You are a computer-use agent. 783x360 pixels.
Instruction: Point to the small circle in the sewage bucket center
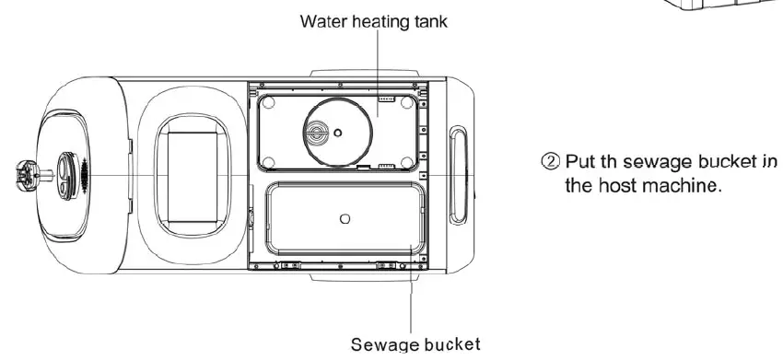tap(344, 218)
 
